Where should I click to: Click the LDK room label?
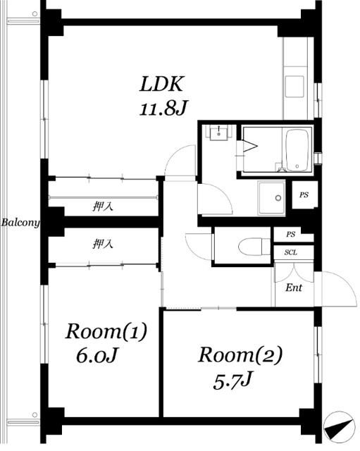coord(161,85)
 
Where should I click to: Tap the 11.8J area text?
coord(163,109)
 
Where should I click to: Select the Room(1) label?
coord(106,332)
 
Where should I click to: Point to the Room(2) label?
coord(240,355)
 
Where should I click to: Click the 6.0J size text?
coord(97,355)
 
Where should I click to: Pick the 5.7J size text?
coord(232,381)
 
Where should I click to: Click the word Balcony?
coord(20,223)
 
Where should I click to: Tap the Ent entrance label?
coord(294,288)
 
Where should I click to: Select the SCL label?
coord(291,252)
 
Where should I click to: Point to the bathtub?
coord(297,150)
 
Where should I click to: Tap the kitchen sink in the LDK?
coord(294,86)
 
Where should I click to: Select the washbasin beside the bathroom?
coord(219,132)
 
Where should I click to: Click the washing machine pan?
coord(271,198)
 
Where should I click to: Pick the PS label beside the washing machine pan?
coord(304,195)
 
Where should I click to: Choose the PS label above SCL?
coord(290,235)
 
